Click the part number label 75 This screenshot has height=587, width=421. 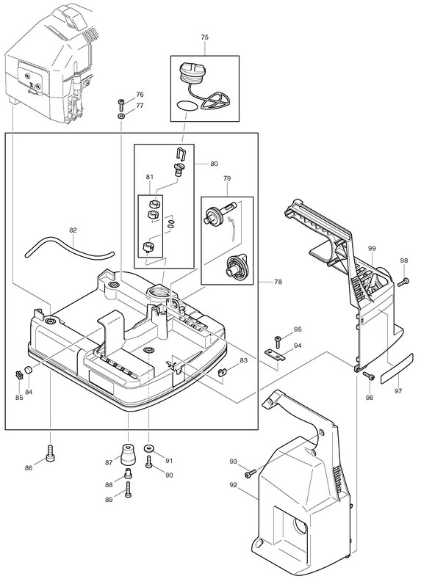coord(205,37)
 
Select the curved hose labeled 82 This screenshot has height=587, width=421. coord(69,249)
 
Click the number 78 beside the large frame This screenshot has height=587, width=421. coord(278,282)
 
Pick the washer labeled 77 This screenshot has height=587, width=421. coord(121,116)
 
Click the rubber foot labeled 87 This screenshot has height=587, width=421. coord(128,454)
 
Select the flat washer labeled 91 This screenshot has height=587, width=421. coord(149,448)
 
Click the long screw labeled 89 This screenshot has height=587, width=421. coord(129,489)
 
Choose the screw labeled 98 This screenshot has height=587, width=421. coord(403,282)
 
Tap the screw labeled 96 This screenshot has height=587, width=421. coord(369,376)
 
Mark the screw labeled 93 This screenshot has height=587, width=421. coord(251,473)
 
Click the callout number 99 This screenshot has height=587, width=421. coord(372,248)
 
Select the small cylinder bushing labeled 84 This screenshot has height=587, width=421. coord(28,371)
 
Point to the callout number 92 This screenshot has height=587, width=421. coord(233,485)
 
